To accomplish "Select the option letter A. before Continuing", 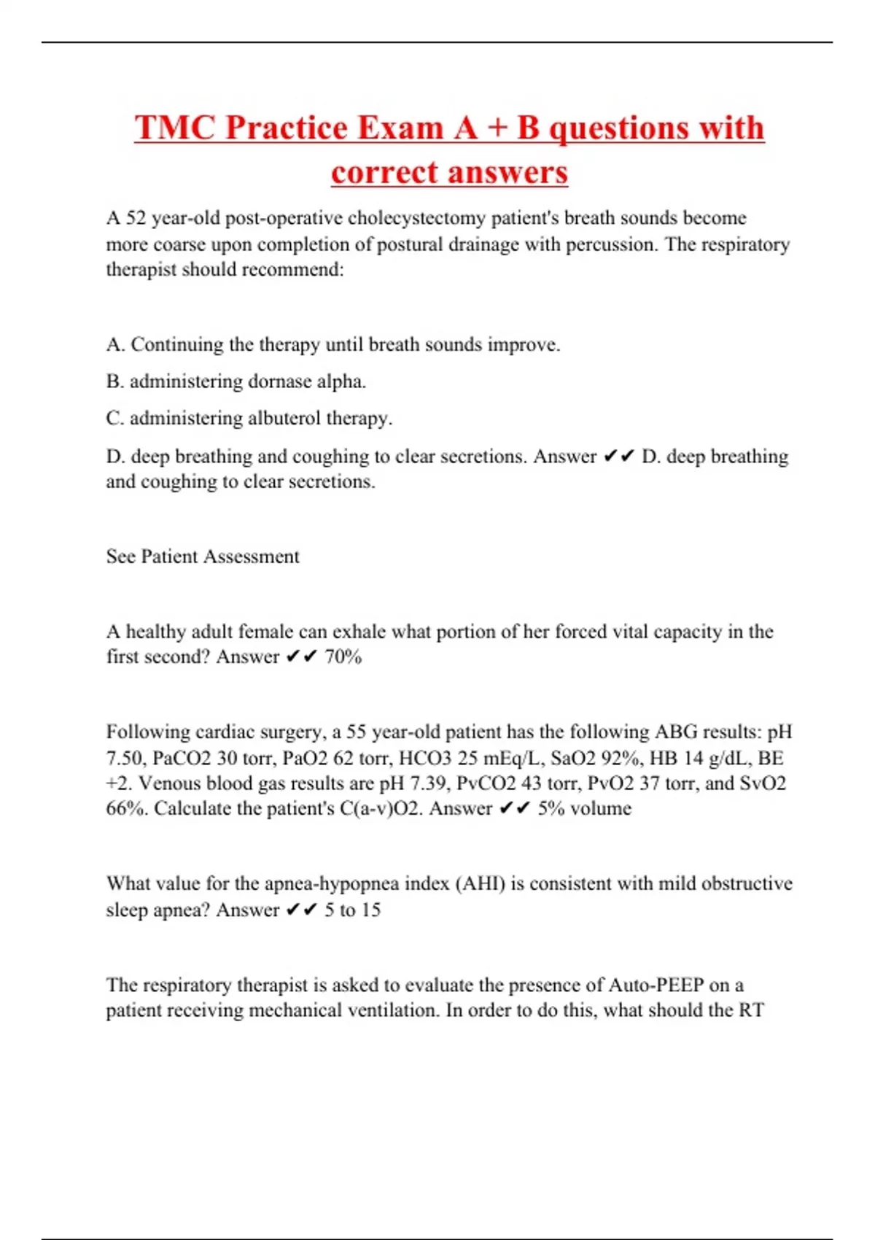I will [115, 344].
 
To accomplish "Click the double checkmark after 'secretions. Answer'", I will [619, 457].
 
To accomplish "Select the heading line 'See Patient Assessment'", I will [203, 557].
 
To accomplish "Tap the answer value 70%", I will [343, 657].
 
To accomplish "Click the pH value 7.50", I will [125, 759].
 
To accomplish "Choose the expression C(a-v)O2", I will [381, 809].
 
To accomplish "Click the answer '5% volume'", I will [585, 809].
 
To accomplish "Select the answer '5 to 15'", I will [352, 910].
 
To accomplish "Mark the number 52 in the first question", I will [136, 218].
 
